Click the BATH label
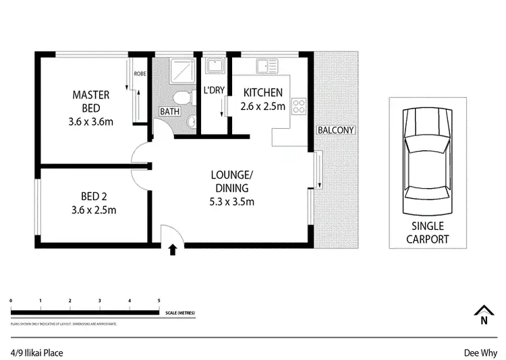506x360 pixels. click(169, 111)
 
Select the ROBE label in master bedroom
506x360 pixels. click(140, 73)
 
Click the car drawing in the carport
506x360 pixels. click(427, 162)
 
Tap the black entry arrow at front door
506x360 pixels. click(173, 250)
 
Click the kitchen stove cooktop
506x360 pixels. click(298, 105)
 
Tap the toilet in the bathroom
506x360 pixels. click(186, 98)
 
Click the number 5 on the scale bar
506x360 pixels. click(159, 300)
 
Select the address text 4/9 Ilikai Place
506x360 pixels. click(37, 351)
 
